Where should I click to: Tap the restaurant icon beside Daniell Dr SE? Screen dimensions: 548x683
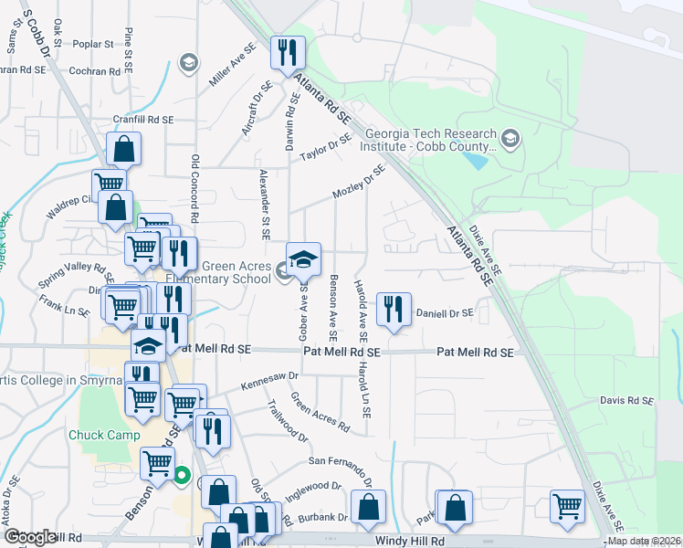(x=394, y=309)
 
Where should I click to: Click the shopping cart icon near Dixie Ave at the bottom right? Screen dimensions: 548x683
(x=568, y=506)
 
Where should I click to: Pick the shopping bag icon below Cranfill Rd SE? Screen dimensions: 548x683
(x=123, y=150)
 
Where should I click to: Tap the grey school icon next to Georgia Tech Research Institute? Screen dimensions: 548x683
(x=510, y=140)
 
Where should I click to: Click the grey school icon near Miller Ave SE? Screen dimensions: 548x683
(x=189, y=63)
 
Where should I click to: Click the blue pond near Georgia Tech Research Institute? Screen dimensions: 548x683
(x=475, y=161)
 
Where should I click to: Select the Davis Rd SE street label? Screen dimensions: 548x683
(x=626, y=401)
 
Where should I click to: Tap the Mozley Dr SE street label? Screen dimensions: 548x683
(x=359, y=182)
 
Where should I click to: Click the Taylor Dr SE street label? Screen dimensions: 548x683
(x=326, y=147)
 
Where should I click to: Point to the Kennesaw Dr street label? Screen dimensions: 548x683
(x=269, y=381)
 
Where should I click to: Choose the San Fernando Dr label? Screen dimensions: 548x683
(x=340, y=466)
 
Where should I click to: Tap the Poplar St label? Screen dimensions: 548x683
(x=93, y=43)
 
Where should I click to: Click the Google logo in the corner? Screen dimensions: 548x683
(x=29, y=537)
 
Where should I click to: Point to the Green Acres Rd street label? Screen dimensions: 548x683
(x=320, y=413)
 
